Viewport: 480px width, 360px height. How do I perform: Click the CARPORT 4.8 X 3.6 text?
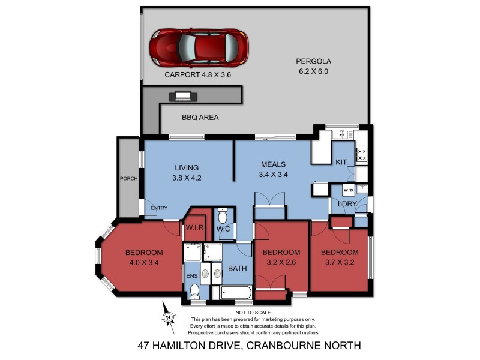(198, 76)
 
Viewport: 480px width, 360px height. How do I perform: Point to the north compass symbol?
(169, 316)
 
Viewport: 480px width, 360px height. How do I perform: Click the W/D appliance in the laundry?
(348, 190)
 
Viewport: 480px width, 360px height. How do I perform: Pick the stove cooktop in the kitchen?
(362, 155)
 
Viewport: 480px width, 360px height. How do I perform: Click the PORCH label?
(128, 178)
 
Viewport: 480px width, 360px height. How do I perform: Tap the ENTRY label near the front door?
(159, 208)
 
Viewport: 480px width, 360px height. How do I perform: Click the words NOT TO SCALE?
(253, 313)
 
